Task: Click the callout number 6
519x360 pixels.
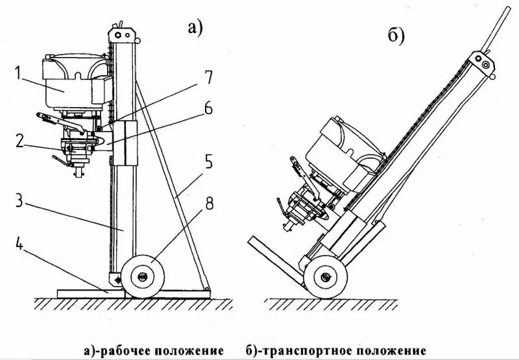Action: (x=208, y=108)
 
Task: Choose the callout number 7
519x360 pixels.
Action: (x=208, y=77)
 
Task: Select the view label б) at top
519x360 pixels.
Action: (x=396, y=37)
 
